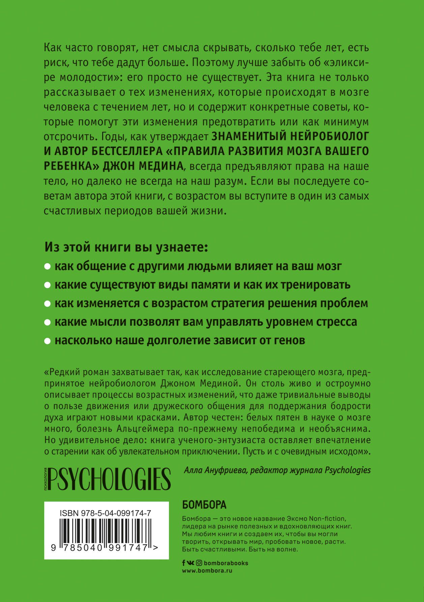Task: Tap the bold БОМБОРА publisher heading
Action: [204, 505]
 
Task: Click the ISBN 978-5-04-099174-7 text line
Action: [105, 513]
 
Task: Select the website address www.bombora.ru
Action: [207, 571]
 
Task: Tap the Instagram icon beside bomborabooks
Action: [199, 563]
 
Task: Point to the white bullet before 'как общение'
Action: [48, 267]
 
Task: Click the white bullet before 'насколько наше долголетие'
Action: [48, 341]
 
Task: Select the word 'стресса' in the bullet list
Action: [336, 322]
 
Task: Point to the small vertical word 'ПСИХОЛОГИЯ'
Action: [46, 479]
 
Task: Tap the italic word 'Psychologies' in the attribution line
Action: [347, 470]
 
